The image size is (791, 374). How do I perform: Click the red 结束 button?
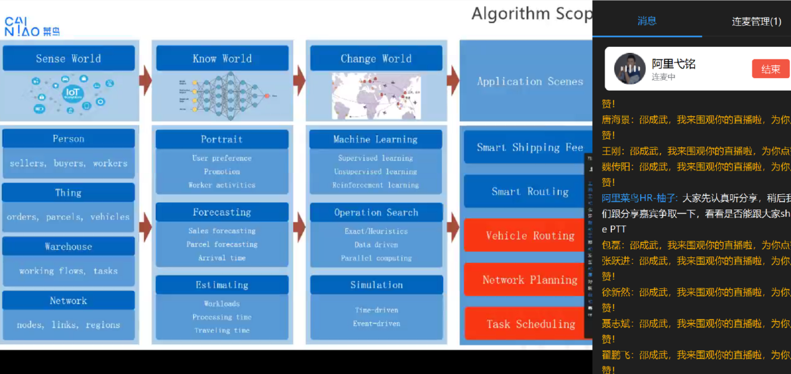(770, 69)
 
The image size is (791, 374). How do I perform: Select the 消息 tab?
(646, 21)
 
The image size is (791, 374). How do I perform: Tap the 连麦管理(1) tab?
(756, 22)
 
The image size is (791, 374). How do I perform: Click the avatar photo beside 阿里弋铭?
(630, 69)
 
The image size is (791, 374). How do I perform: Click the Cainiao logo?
(32, 27)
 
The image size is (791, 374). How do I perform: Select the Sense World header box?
(69, 59)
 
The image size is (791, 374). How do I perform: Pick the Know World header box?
(222, 59)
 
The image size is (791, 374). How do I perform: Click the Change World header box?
(376, 59)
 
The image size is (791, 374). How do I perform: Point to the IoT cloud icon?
(71, 94)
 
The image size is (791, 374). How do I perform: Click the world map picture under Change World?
(376, 96)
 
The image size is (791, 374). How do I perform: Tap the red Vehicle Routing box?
(529, 236)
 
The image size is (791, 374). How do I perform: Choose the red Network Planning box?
(529, 280)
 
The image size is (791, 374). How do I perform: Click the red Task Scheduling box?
(530, 324)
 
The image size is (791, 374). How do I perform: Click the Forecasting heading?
(222, 212)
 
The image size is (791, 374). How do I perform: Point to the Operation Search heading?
(376, 212)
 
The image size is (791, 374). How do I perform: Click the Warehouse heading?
(69, 247)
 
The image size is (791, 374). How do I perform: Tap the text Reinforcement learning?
(376, 185)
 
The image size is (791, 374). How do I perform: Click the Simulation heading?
(376, 285)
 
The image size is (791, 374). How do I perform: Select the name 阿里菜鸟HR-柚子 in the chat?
(640, 198)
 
